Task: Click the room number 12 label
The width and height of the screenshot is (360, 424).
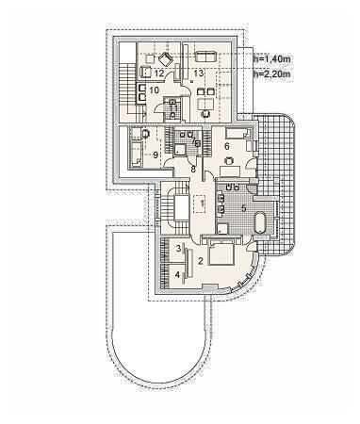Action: point(159,73)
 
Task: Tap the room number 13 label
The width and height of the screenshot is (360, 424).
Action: point(199,73)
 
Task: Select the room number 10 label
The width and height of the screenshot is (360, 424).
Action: point(155,90)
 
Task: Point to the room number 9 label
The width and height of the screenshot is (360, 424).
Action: point(155,155)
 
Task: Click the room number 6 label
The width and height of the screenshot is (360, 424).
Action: point(227,146)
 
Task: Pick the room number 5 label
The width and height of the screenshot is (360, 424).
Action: point(243,208)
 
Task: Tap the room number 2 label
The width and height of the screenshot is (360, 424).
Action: point(201,260)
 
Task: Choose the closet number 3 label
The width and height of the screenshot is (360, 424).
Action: point(178,249)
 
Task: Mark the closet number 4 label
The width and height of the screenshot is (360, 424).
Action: point(177,275)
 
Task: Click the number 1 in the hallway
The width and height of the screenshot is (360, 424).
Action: point(203,204)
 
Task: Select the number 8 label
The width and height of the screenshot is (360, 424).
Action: point(193,170)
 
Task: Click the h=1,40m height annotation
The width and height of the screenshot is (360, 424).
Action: point(272,58)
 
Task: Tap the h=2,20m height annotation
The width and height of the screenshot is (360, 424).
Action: point(272,74)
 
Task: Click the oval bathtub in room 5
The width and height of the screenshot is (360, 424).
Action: point(260,222)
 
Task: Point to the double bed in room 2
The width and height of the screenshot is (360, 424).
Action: point(221,253)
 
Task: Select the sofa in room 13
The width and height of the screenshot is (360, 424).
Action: point(205,57)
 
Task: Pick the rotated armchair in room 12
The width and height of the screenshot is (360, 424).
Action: point(166,59)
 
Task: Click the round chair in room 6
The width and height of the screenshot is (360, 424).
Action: point(229,160)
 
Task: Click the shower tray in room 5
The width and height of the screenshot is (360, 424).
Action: point(222,229)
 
